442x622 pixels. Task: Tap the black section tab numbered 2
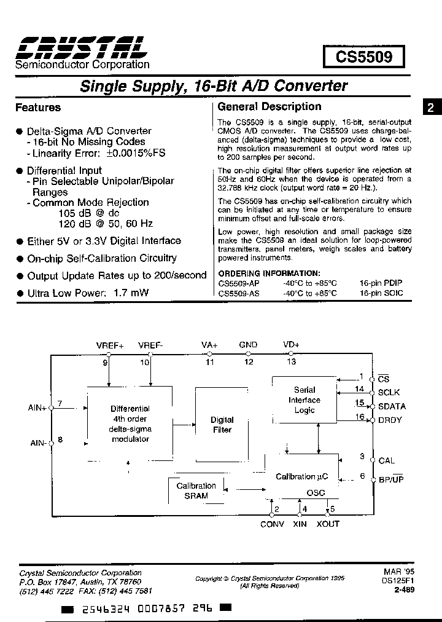point(430,108)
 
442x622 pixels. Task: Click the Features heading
point(38,108)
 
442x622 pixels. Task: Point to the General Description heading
point(269,106)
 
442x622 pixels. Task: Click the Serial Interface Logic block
point(304,400)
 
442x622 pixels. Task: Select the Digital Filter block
point(222,425)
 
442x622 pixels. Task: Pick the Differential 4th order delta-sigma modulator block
point(130,423)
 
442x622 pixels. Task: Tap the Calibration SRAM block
point(196,490)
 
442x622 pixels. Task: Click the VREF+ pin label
point(110,345)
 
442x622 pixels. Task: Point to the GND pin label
point(249,345)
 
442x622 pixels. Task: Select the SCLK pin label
point(389,392)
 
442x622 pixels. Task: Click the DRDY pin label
point(391,420)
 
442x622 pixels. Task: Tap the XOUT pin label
point(328,524)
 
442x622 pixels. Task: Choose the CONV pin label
point(273,524)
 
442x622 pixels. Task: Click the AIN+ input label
point(37,407)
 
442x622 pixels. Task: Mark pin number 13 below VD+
point(291,361)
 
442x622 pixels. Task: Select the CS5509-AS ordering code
point(239,293)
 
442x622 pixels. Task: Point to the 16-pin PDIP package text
point(382,283)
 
